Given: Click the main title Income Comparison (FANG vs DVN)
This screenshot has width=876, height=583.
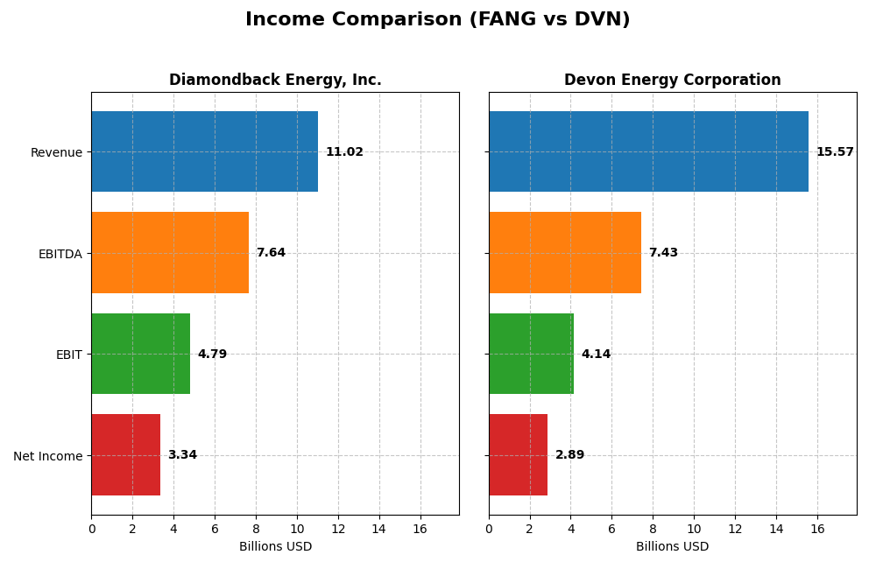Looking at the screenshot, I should pyautogui.click(x=437, y=19).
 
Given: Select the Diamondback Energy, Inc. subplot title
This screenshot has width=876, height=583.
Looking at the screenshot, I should pyautogui.click(x=275, y=80).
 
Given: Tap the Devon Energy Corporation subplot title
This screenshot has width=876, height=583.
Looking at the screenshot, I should pyautogui.click(x=672, y=80).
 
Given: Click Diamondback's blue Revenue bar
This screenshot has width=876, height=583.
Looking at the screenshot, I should pyautogui.click(x=204, y=151).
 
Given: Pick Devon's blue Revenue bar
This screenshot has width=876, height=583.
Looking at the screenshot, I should pyautogui.click(x=648, y=151).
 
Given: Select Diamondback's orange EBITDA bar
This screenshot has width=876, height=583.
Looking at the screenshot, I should pyautogui.click(x=170, y=253).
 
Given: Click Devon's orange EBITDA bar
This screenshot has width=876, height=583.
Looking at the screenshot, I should pyautogui.click(x=565, y=253).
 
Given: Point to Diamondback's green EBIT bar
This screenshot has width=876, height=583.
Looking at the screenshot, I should pyautogui.click(x=140, y=354).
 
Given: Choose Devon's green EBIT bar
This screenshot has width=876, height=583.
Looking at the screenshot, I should pyautogui.click(x=531, y=354).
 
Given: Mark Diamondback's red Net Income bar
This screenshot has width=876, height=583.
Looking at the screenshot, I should pyautogui.click(x=125, y=455).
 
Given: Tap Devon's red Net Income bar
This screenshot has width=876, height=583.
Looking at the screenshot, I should pyautogui.click(x=518, y=455).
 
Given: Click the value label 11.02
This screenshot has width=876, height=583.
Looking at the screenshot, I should pyautogui.click(x=344, y=152).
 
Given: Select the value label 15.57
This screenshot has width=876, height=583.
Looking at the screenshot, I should pyautogui.click(x=835, y=152).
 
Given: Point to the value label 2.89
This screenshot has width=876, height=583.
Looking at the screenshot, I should pyautogui.click(x=569, y=455).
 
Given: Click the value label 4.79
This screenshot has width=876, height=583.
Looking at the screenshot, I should pyautogui.click(x=212, y=355).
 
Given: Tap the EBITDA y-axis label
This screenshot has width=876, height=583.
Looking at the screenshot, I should pyautogui.click(x=60, y=254).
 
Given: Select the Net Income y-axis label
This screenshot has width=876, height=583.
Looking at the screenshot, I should pyautogui.click(x=48, y=456).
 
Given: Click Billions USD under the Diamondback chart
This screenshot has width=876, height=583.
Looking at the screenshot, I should pyautogui.click(x=275, y=547).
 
